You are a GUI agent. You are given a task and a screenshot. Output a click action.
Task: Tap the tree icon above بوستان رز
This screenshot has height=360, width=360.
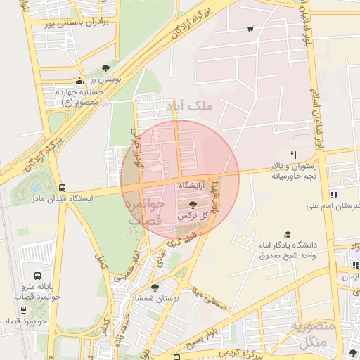click(x=105, y=68)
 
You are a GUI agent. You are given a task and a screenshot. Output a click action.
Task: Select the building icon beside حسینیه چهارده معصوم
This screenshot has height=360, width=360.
click(x=79, y=82)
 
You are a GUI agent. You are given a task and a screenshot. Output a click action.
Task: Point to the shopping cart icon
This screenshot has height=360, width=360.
click(x=250, y=29)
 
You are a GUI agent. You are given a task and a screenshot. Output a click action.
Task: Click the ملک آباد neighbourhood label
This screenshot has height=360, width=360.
click(x=193, y=106)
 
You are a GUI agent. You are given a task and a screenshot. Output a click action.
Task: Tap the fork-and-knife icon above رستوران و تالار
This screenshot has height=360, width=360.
click(x=294, y=155)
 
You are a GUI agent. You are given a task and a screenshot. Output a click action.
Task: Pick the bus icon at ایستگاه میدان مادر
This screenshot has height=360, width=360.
click(x=63, y=188)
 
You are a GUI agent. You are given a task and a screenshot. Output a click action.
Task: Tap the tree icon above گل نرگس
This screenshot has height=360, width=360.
click(x=194, y=203)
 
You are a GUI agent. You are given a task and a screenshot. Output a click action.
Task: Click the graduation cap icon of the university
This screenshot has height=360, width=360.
click(x=287, y=234)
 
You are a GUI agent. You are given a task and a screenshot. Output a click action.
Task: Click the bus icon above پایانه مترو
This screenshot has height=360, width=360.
click(x=37, y=276)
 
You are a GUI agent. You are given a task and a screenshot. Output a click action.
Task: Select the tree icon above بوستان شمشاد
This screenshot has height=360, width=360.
click(x=155, y=287)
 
